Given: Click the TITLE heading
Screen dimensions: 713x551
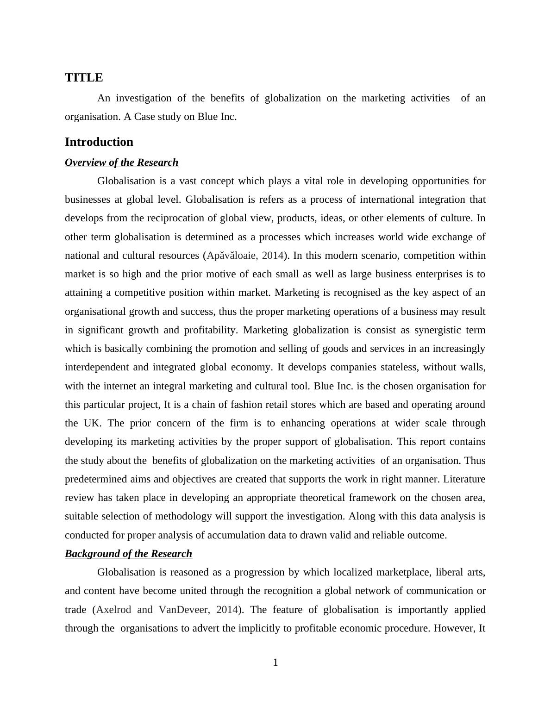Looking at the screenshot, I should (84, 77).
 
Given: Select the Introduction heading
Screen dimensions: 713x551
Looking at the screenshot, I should (99, 142).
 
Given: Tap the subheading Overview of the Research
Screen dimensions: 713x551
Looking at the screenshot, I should (121, 163).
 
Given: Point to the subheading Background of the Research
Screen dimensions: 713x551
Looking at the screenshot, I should (128, 554).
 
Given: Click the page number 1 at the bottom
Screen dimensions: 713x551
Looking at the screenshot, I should (275, 663).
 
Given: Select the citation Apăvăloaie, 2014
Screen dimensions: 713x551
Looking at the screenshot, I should (245, 256).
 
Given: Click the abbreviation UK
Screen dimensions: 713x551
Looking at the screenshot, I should (92, 423).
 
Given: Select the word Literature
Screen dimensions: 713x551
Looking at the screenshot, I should (464, 479).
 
